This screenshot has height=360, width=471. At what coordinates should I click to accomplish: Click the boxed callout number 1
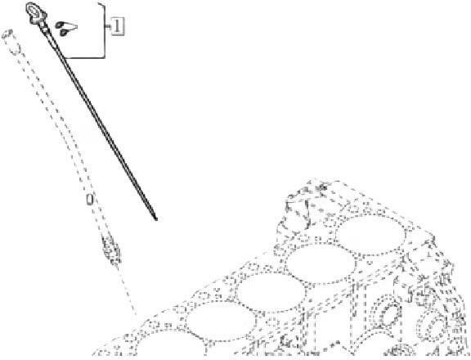point(118,26)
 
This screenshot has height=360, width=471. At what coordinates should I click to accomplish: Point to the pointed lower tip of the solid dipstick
point(156,219)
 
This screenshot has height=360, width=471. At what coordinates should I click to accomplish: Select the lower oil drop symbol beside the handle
point(64,33)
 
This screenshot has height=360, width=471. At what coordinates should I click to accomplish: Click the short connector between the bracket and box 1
point(109,27)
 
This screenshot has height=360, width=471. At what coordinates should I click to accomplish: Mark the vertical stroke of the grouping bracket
point(104,30)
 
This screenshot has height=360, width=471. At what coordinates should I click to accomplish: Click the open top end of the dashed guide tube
point(7,34)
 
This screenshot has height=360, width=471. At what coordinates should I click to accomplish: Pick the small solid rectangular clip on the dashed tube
point(89,200)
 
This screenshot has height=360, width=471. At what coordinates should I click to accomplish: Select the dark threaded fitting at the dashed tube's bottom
point(111,250)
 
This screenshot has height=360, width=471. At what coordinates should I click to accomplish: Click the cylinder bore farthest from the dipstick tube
point(370,235)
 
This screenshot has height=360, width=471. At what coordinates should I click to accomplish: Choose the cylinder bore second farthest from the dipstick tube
point(321,263)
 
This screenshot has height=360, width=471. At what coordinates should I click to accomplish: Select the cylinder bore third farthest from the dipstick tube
point(271,292)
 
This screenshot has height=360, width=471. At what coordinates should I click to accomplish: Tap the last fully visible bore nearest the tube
point(221,321)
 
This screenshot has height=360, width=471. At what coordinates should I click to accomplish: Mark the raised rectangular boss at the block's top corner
point(298,210)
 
